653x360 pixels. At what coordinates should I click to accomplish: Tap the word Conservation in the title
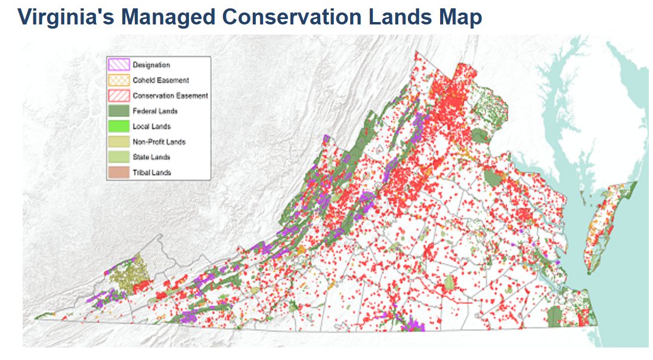tap(289, 17)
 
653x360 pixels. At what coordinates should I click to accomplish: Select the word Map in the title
tap(459, 17)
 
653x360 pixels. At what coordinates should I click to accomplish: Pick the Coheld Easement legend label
tap(160, 80)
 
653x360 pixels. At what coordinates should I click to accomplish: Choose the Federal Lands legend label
tap(154, 111)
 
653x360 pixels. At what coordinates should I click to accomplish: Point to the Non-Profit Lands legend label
tap(159, 142)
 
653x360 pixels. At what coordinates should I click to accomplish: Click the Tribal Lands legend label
tap(152, 173)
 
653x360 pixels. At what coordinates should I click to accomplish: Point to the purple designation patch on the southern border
tap(413, 325)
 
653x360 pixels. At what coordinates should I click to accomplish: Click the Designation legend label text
tap(151, 65)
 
